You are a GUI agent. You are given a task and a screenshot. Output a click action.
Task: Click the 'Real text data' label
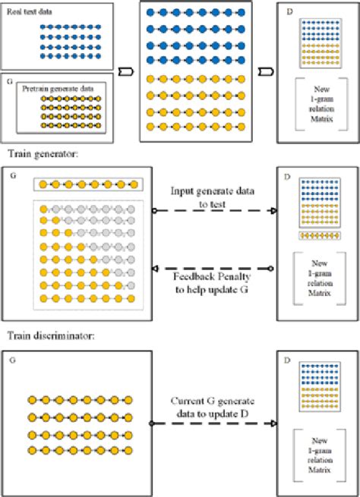pos(37,11)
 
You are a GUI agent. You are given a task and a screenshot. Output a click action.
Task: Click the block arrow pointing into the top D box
pos(264,74)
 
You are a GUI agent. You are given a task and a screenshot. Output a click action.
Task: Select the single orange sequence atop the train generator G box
pos(87,184)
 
